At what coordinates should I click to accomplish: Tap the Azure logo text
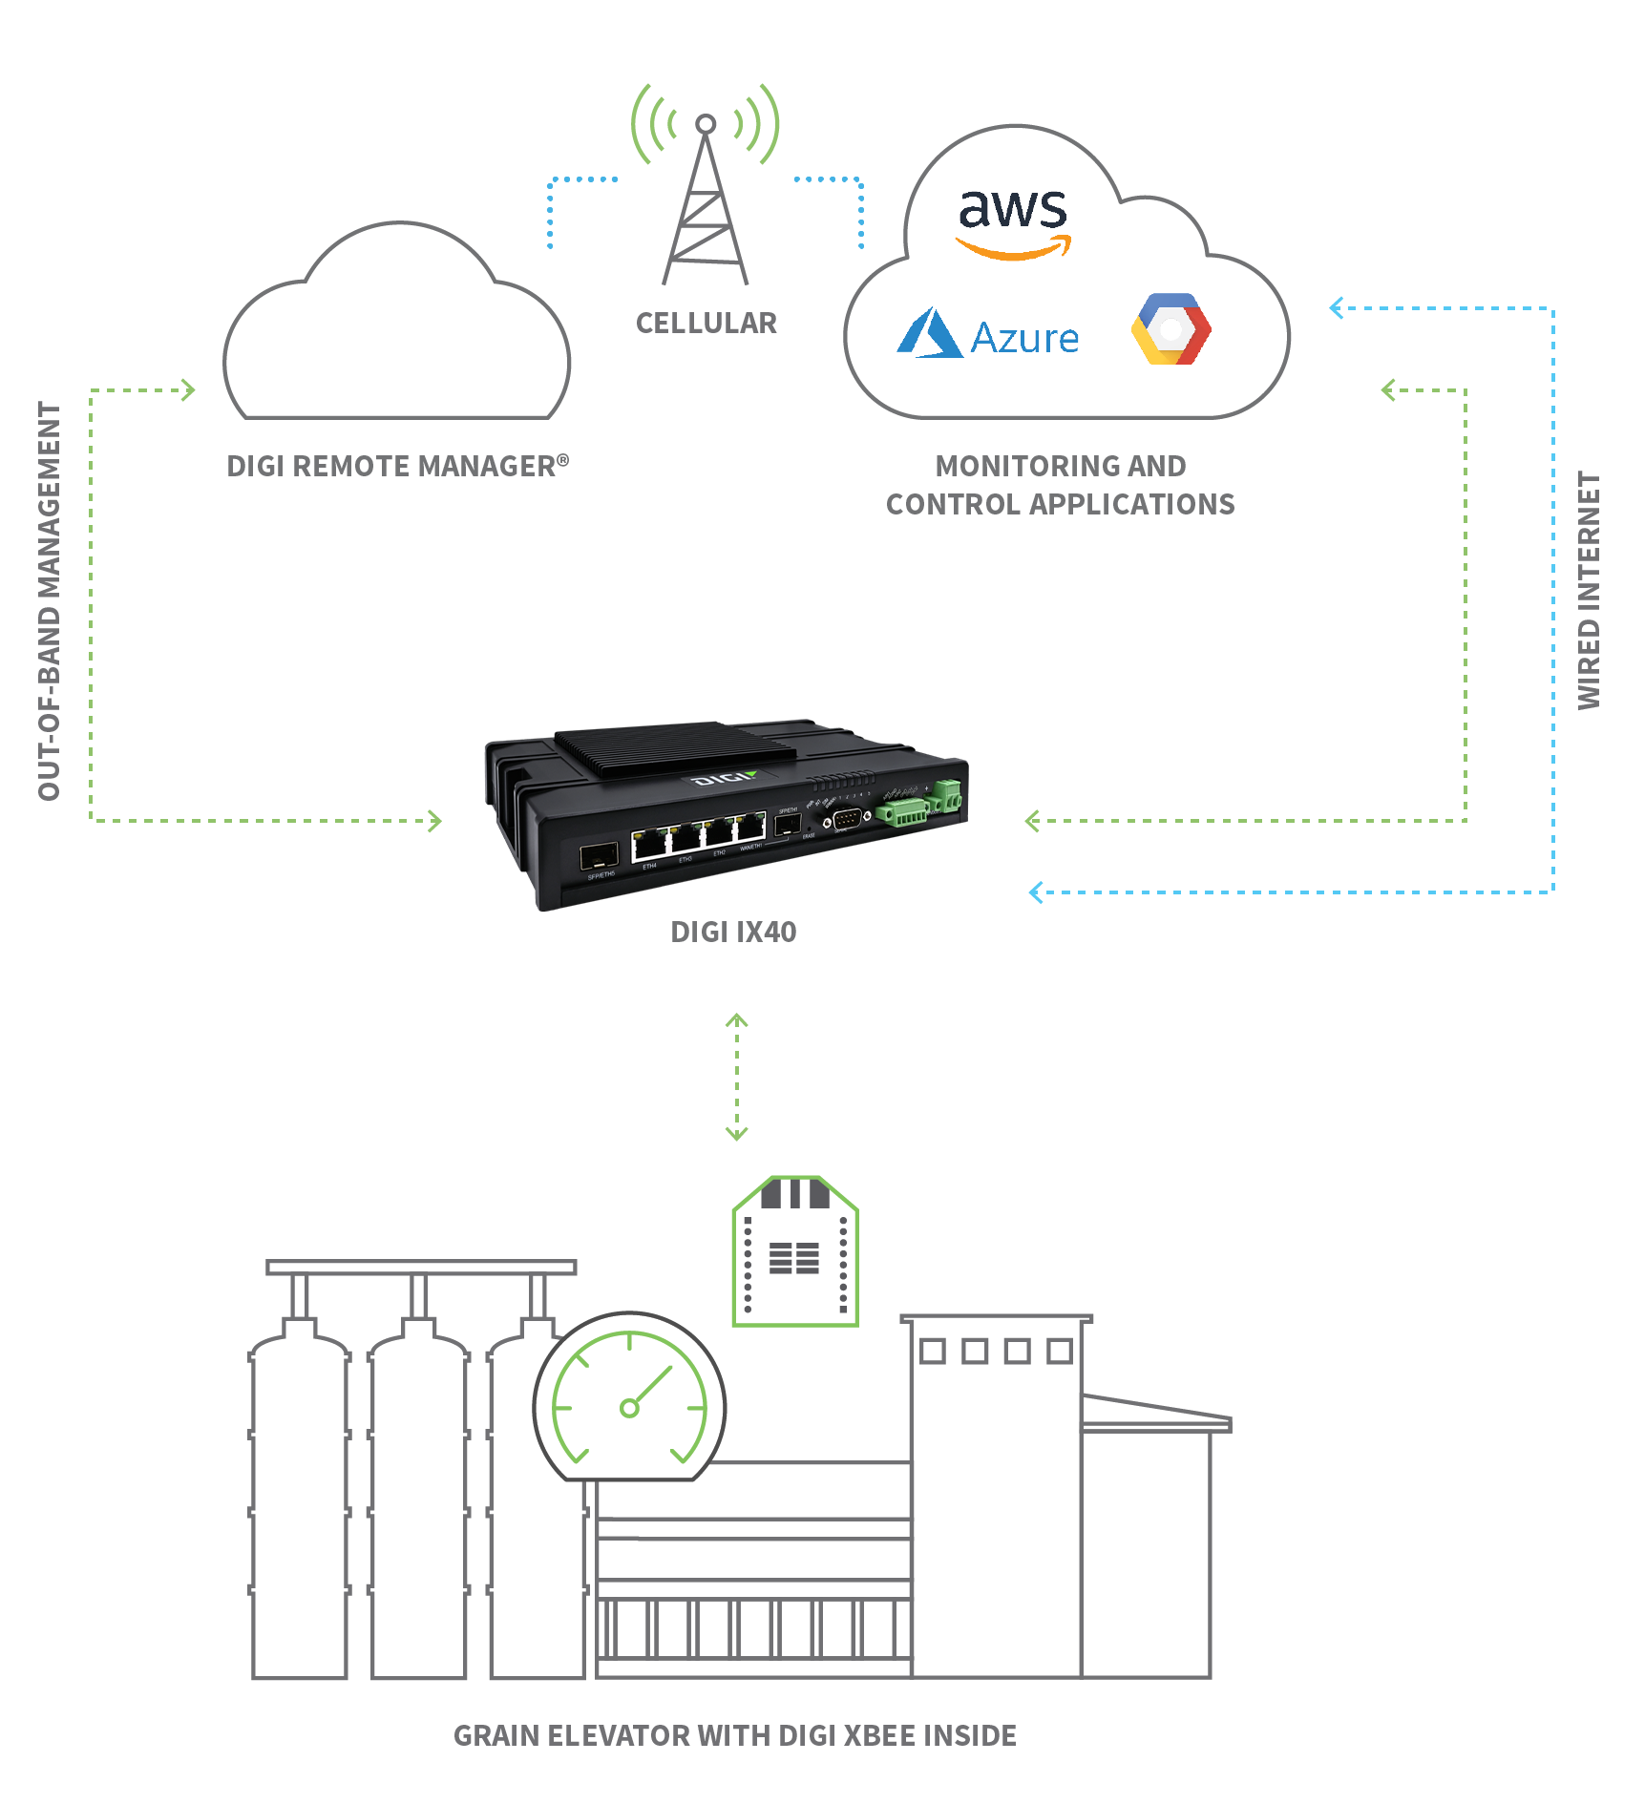pos(1024,339)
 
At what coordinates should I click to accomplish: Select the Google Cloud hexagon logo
pos(1170,329)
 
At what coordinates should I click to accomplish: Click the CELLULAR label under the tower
pos(707,324)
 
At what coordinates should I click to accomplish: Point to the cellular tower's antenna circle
pos(706,124)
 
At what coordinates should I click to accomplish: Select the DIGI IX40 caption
pos(733,932)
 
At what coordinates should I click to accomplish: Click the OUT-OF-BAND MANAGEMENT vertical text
pos(50,600)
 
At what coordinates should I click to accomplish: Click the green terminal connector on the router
pos(902,812)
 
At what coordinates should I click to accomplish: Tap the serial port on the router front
pos(846,820)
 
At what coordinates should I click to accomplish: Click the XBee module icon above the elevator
pos(794,1251)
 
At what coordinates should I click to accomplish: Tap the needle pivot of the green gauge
pos(629,1408)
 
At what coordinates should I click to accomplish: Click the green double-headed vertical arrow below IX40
pos(736,1077)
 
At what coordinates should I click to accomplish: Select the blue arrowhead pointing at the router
pos(1036,892)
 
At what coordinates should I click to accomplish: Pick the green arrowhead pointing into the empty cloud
pos(189,389)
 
